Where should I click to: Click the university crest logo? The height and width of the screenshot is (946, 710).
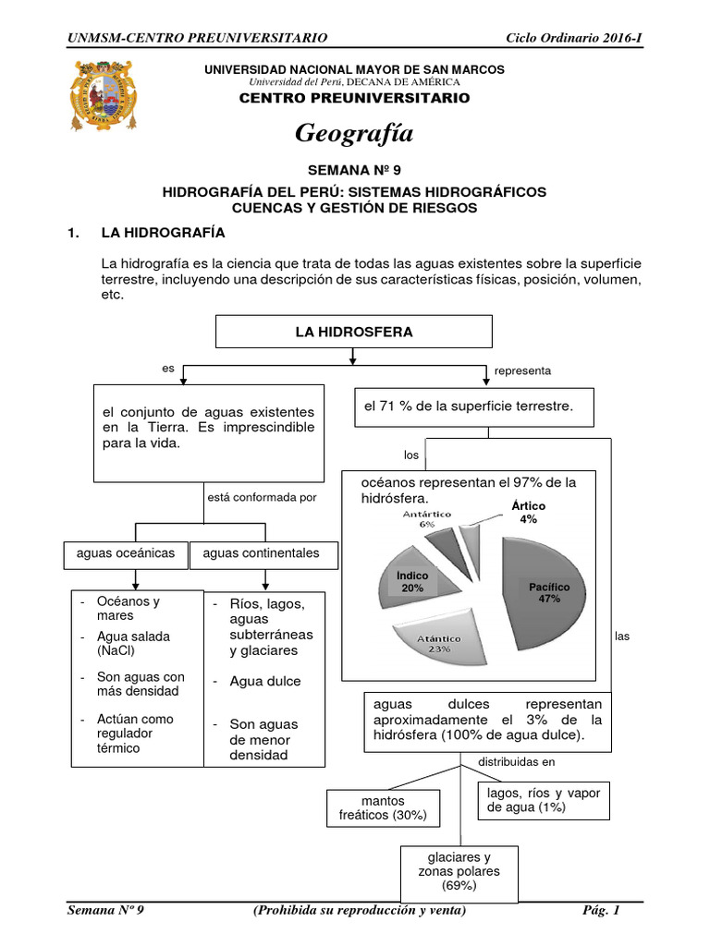click(104, 96)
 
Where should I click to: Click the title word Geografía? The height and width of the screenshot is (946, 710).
click(354, 134)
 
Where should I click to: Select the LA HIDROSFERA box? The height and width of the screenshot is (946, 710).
click(354, 332)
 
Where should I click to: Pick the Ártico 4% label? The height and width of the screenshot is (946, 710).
click(528, 513)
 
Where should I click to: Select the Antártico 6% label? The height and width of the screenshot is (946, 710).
click(426, 518)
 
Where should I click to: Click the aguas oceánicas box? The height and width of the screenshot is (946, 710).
click(126, 553)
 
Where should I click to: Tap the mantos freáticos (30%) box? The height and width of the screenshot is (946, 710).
click(384, 808)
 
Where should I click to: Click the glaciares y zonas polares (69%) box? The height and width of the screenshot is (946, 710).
click(459, 871)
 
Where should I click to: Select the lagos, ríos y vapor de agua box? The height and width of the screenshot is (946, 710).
click(543, 800)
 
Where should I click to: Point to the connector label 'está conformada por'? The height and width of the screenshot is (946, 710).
click(263, 497)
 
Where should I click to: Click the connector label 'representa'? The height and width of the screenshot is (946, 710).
click(522, 370)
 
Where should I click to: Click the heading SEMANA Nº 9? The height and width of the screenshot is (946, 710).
click(354, 171)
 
